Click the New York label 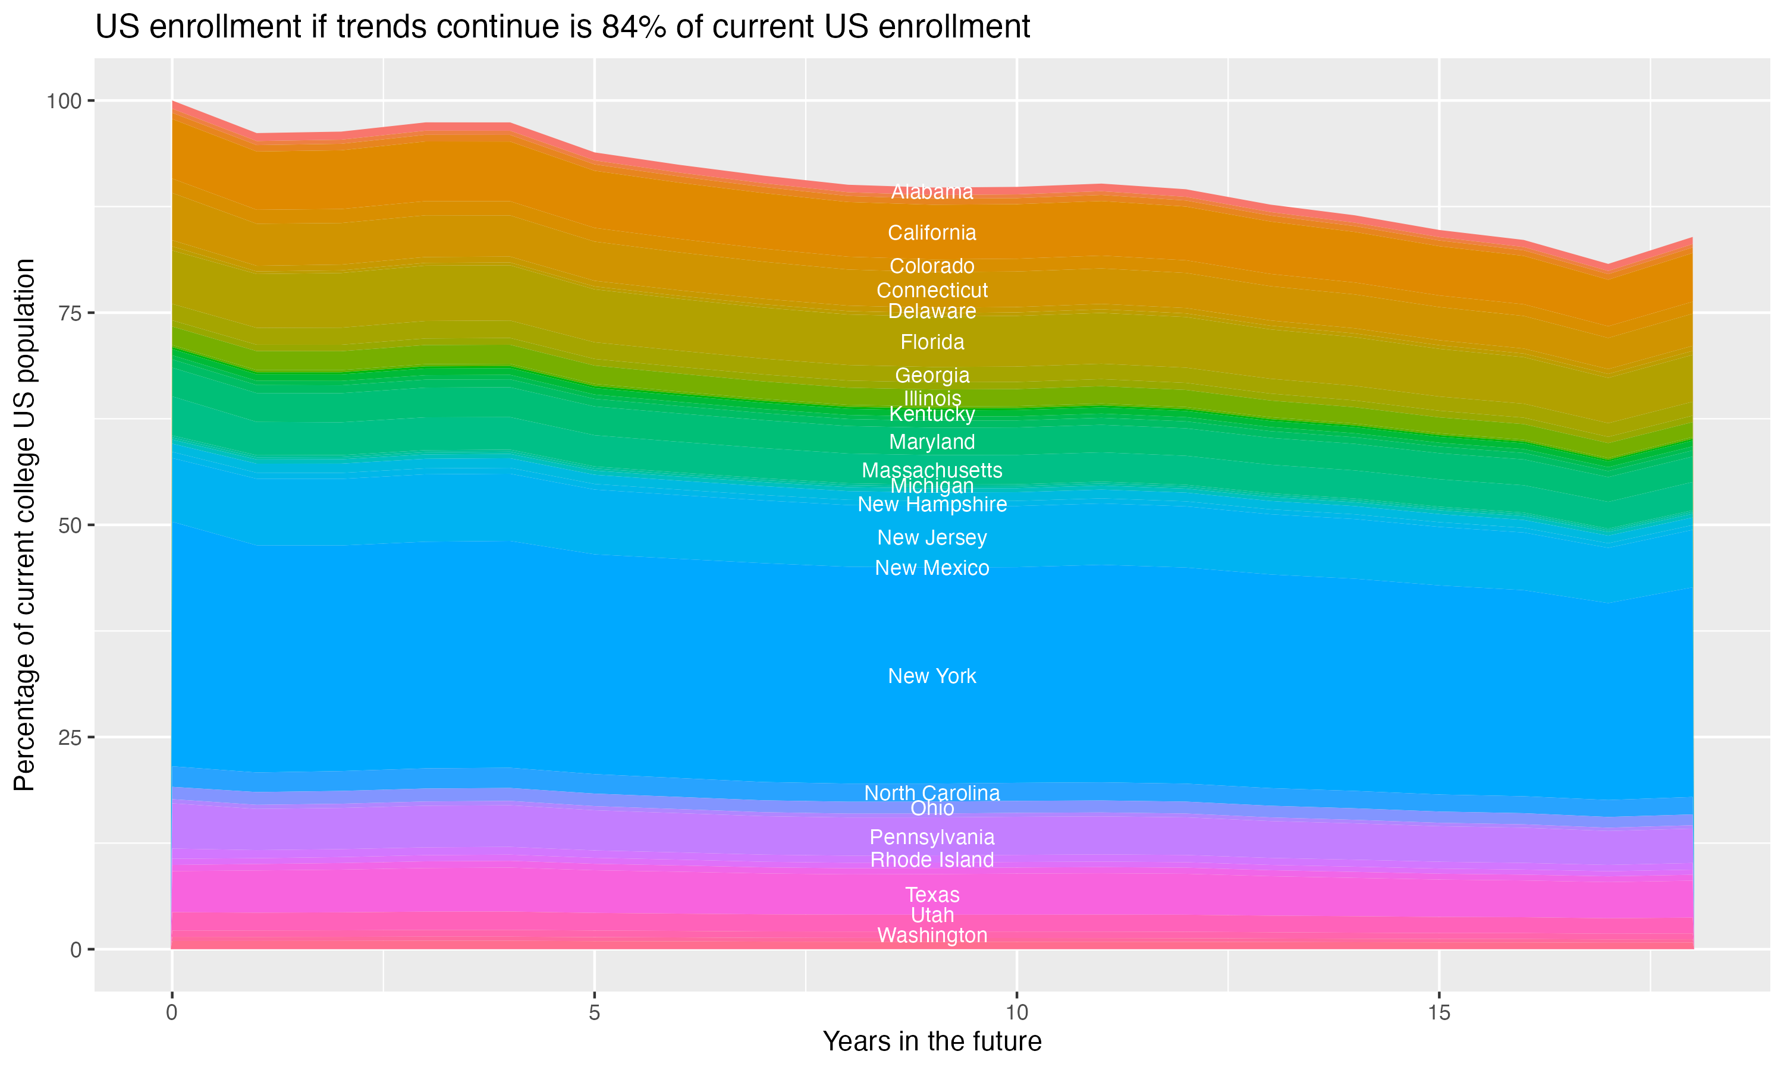point(932,676)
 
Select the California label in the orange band point(932,233)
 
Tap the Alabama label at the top point(932,192)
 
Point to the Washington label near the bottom point(932,936)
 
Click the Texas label point(932,895)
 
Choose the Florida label point(932,342)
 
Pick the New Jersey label point(932,538)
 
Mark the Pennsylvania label point(932,837)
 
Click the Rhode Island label point(932,860)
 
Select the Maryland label point(932,442)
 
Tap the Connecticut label point(932,291)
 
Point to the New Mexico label point(932,568)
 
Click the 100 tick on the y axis point(64,101)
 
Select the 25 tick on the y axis point(69,738)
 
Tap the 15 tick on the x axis point(1438,1013)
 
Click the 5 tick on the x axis point(594,1013)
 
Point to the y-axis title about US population point(24,525)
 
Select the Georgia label point(932,376)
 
